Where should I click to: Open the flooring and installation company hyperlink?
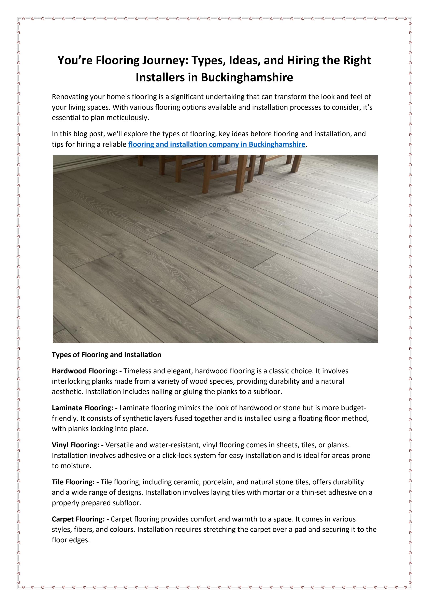217,144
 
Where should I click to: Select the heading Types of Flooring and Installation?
106,354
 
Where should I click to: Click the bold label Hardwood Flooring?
85,371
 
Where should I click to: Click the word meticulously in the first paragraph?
128,118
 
